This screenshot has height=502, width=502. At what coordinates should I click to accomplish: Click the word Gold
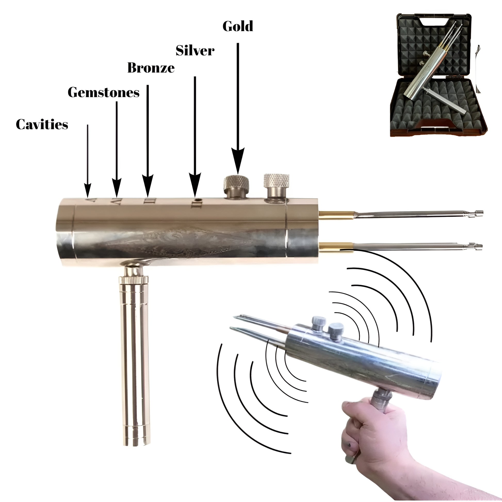pos(238,27)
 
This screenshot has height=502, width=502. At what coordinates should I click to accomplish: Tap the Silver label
pos(195,50)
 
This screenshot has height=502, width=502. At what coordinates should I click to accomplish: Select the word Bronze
pos(151,68)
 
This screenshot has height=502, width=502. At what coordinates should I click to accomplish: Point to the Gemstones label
pos(103,93)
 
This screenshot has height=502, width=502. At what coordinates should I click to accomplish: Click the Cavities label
pos(42,124)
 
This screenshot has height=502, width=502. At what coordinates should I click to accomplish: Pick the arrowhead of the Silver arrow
pos(195,183)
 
